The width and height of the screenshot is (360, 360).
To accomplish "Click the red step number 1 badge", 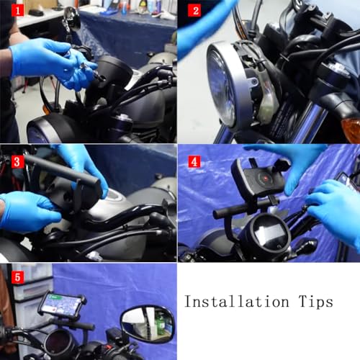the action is click(x=17, y=11).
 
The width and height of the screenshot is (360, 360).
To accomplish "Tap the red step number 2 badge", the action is click(x=194, y=11).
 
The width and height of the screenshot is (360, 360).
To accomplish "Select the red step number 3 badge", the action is click(x=17, y=161).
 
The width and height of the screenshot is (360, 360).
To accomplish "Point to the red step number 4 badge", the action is click(x=194, y=161).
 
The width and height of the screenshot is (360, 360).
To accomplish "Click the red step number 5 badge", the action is click(x=17, y=277).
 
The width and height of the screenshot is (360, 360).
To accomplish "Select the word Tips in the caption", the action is click(x=316, y=302).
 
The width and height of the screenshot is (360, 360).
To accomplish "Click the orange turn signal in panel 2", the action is click(x=351, y=130).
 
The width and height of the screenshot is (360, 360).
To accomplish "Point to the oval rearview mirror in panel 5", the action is click(x=147, y=323).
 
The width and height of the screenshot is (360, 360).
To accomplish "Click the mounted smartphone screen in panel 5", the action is click(x=62, y=304).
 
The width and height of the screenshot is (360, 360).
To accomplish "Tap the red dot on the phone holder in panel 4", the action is click(x=266, y=179).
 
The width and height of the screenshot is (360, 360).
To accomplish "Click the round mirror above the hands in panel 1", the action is click(x=71, y=18).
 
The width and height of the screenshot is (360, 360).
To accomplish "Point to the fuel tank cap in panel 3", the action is click(x=113, y=196).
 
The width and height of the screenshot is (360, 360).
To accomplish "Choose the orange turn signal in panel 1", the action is click(x=46, y=109).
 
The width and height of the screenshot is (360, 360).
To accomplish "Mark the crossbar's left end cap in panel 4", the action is click(x=217, y=214).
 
